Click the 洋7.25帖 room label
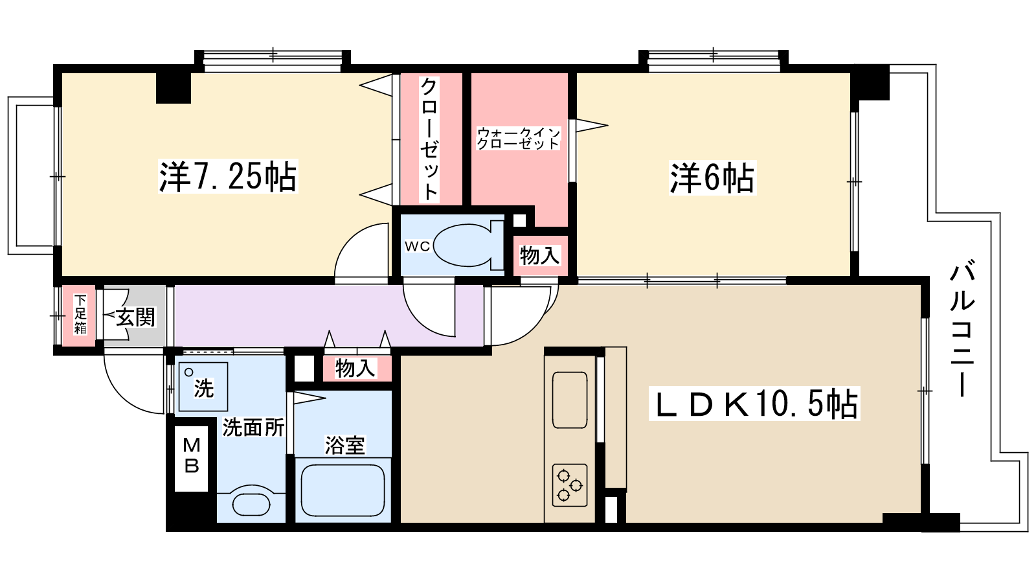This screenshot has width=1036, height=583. (228, 176)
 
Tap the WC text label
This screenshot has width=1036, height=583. (417, 246)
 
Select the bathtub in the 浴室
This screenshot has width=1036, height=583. (343, 490)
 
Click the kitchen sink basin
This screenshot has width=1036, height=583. (570, 400)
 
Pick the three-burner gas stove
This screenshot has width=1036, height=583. (570, 485)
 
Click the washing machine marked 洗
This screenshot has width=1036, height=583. (203, 386)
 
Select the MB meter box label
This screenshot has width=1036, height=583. (192, 455)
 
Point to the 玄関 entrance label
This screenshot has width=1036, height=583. (136, 317)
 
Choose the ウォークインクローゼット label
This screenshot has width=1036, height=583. (518, 139)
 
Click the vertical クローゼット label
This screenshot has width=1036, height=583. (429, 139)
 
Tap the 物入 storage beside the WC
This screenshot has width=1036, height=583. (539, 255)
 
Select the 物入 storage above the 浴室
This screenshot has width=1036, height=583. (355, 369)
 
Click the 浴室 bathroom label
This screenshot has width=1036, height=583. (344, 446)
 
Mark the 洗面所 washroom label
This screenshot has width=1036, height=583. (253, 428)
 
